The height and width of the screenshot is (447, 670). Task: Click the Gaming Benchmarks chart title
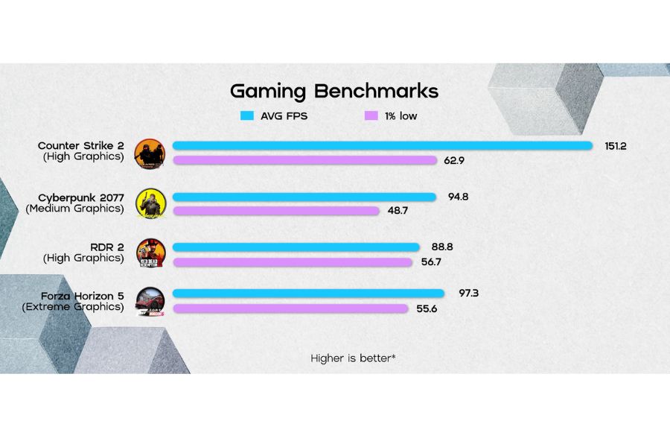[x=334, y=92]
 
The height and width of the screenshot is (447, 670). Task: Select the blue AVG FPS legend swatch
[x=247, y=116]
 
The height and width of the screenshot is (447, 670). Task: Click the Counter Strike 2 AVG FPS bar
[x=382, y=146]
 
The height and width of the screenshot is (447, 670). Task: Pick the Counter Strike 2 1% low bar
[x=304, y=160]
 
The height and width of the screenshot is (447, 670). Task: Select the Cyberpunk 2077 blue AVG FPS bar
[x=304, y=197]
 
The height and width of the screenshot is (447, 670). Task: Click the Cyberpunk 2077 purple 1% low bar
[x=276, y=211]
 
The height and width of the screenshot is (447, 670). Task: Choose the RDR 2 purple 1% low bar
[x=292, y=261]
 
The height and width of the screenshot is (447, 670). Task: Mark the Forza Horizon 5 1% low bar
[x=290, y=308]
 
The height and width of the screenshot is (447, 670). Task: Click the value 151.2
[x=615, y=146]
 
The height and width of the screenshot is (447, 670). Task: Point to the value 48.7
[x=398, y=211]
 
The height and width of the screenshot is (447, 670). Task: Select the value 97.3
[x=468, y=294]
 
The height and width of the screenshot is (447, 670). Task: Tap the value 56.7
[x=431, y=261]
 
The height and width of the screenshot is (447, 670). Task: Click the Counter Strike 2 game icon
[x=148, y=153]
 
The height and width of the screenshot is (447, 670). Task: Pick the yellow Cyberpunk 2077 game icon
[x=149, y=203]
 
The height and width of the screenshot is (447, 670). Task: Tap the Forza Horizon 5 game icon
[x=149, y=301]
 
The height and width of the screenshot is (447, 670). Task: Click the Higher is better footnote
[x=353, y=358]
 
